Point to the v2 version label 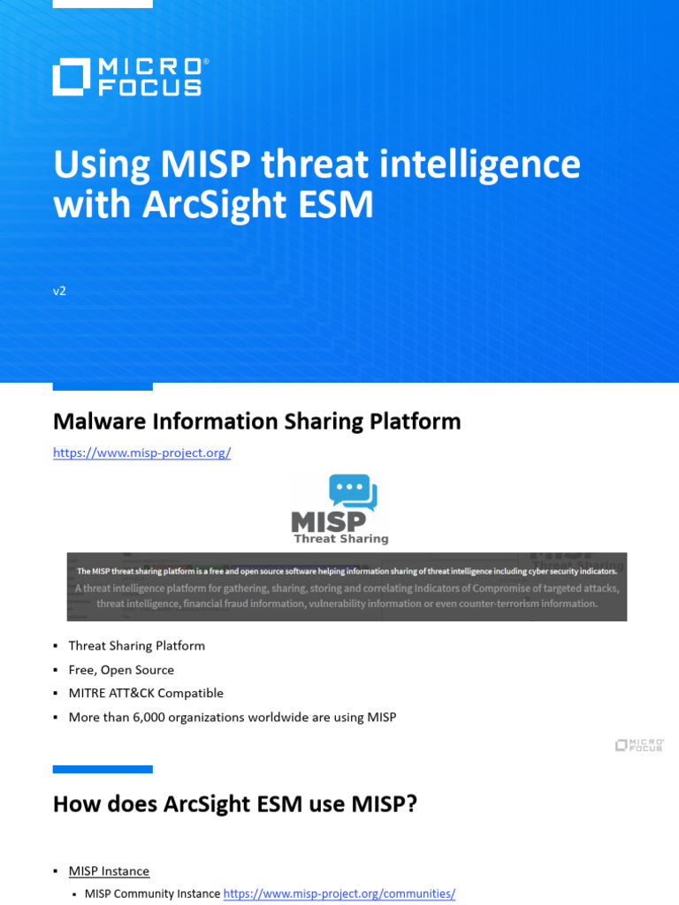[59, 291]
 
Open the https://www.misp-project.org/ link [141, 452]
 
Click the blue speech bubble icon [352, 493]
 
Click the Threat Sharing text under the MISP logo [340, 538]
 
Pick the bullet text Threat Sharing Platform [136, 646]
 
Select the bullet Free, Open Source [121, 670]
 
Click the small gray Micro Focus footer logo [639, 745]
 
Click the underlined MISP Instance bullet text [109, 871]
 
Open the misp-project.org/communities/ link [339, 894]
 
